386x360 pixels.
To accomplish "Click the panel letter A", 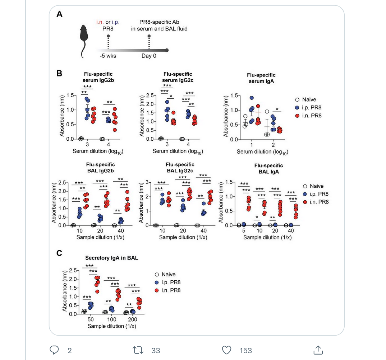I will (x=60, y=14).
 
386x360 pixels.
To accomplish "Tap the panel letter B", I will (x=60, y=73).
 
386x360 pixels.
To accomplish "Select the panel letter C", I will (x=60, y=253).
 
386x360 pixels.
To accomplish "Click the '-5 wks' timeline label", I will (x=108, y=56).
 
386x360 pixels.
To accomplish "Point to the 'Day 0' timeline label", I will (x=149, y=56).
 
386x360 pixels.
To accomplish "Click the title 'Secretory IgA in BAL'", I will (x=112, y=258).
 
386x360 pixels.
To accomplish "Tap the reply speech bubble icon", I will (x=55, y=350).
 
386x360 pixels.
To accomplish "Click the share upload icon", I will (x=317, y=350).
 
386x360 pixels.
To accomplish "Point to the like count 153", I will (x=246, y=351).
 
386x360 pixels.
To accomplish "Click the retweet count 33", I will (x=155, y=351).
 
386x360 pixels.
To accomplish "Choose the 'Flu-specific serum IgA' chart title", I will (x=261, y=78).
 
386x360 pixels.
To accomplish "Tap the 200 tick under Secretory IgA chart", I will (x=133, y=319).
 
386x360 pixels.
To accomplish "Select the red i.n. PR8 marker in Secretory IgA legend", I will (x=157, y=290).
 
